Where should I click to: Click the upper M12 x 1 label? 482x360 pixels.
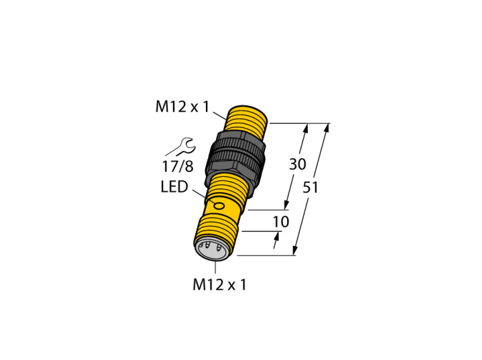[x=182, y=107]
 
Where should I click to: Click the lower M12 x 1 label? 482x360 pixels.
[x=220, y=285]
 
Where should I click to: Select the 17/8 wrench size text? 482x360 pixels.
[x=178, y=166]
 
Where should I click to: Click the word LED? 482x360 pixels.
[x=174, y=187]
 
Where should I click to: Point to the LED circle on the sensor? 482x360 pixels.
[x=219, y=206]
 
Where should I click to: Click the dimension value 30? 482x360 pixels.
[x=297, y=165]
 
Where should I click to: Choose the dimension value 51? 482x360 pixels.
[x=311, y=187]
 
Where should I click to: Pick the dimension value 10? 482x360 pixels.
[x=281, y=222]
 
